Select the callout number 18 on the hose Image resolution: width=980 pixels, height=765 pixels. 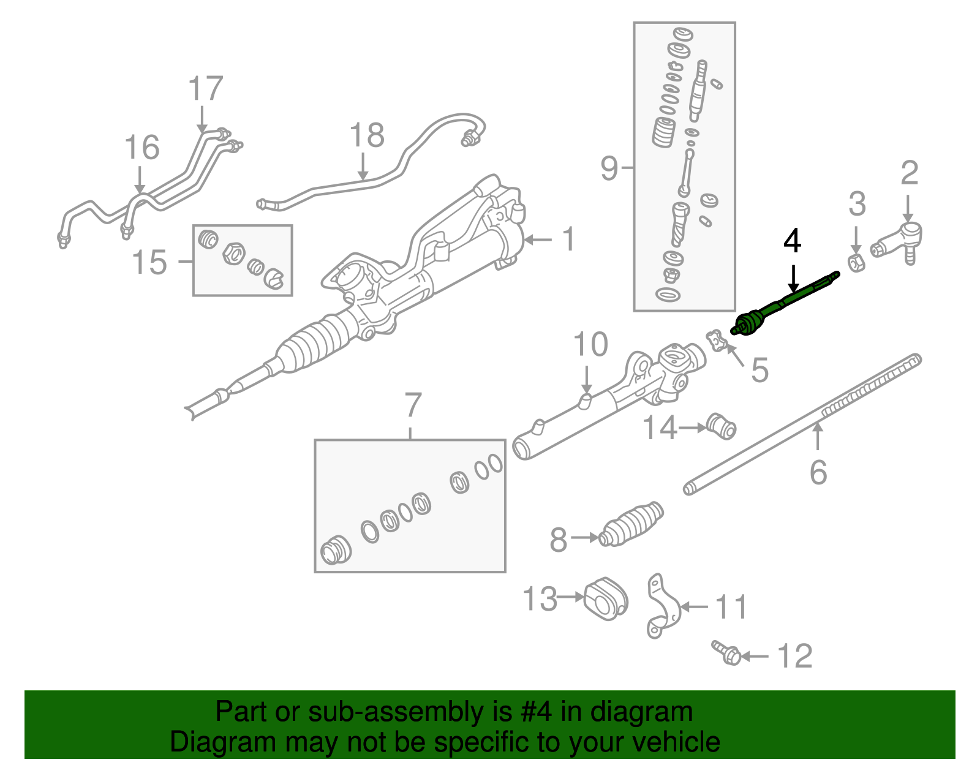(366, 136)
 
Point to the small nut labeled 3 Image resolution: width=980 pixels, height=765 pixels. (856, 263)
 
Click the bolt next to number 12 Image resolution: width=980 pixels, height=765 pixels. (727, 654)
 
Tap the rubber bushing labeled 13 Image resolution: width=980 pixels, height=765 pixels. (606, 598)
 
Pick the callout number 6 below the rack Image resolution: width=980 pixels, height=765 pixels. (818, 472)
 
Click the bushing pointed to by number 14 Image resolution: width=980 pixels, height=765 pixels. (722, 426)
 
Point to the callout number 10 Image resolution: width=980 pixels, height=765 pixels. (590, 345)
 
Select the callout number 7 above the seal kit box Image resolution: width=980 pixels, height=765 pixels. (413, 405)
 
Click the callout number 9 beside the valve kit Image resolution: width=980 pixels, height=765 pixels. (609, 167)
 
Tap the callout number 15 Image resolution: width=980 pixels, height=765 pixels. (149, 262)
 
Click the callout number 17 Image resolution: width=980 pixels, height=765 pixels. (205, 89)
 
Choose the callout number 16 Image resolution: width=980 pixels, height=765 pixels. (141, 148)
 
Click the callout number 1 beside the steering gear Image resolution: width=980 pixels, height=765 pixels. (568, 239)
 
